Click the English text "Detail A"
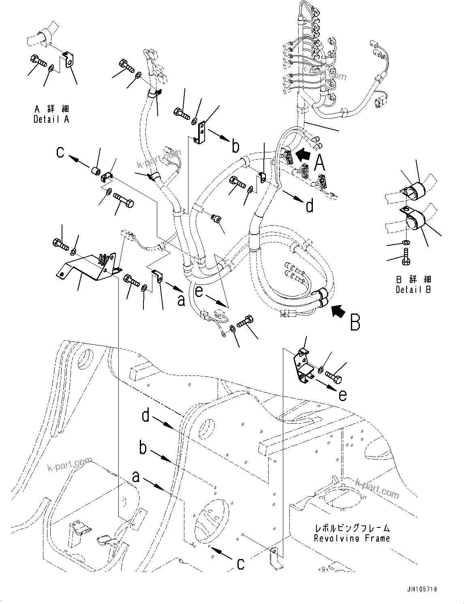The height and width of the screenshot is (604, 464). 51,120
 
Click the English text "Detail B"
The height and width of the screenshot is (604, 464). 413,290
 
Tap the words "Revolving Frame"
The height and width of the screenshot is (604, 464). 352,538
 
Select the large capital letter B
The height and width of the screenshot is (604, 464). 355,322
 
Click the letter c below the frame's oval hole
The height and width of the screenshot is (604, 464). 241,563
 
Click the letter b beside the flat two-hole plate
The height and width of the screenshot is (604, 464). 236,146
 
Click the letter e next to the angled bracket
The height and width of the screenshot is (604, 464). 342,395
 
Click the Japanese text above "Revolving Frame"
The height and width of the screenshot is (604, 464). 352,528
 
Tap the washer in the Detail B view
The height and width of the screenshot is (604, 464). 406,242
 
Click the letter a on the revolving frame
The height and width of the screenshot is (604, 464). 136,477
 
